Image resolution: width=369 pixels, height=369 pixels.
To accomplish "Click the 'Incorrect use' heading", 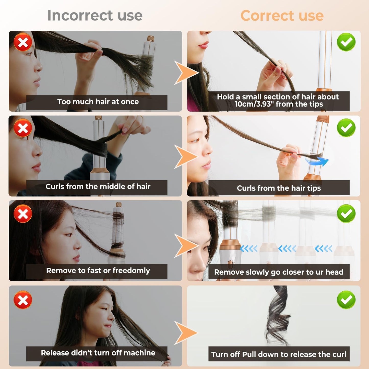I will (95, 16).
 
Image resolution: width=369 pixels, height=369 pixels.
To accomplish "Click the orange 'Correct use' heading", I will (282, 16).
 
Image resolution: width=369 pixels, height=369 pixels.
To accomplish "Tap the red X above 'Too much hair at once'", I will (23, 42).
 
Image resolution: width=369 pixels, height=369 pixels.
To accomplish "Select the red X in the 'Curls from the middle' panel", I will (23, 128).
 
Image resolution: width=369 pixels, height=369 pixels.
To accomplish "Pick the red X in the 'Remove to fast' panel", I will (23, 213).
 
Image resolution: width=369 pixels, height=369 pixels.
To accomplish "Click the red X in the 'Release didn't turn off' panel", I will (23, 300).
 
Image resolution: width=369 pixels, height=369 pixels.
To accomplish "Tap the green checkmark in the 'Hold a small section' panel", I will (346, 42).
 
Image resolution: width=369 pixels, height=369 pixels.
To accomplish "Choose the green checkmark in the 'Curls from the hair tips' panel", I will (346, 128).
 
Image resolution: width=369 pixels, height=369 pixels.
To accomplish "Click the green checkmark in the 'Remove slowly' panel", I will (346, 213).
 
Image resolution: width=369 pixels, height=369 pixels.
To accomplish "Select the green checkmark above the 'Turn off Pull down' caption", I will (346, 300).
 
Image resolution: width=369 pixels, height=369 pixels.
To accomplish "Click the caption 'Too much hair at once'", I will (98, 102).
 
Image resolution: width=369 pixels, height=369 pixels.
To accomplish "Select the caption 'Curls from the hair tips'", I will (279, 188).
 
